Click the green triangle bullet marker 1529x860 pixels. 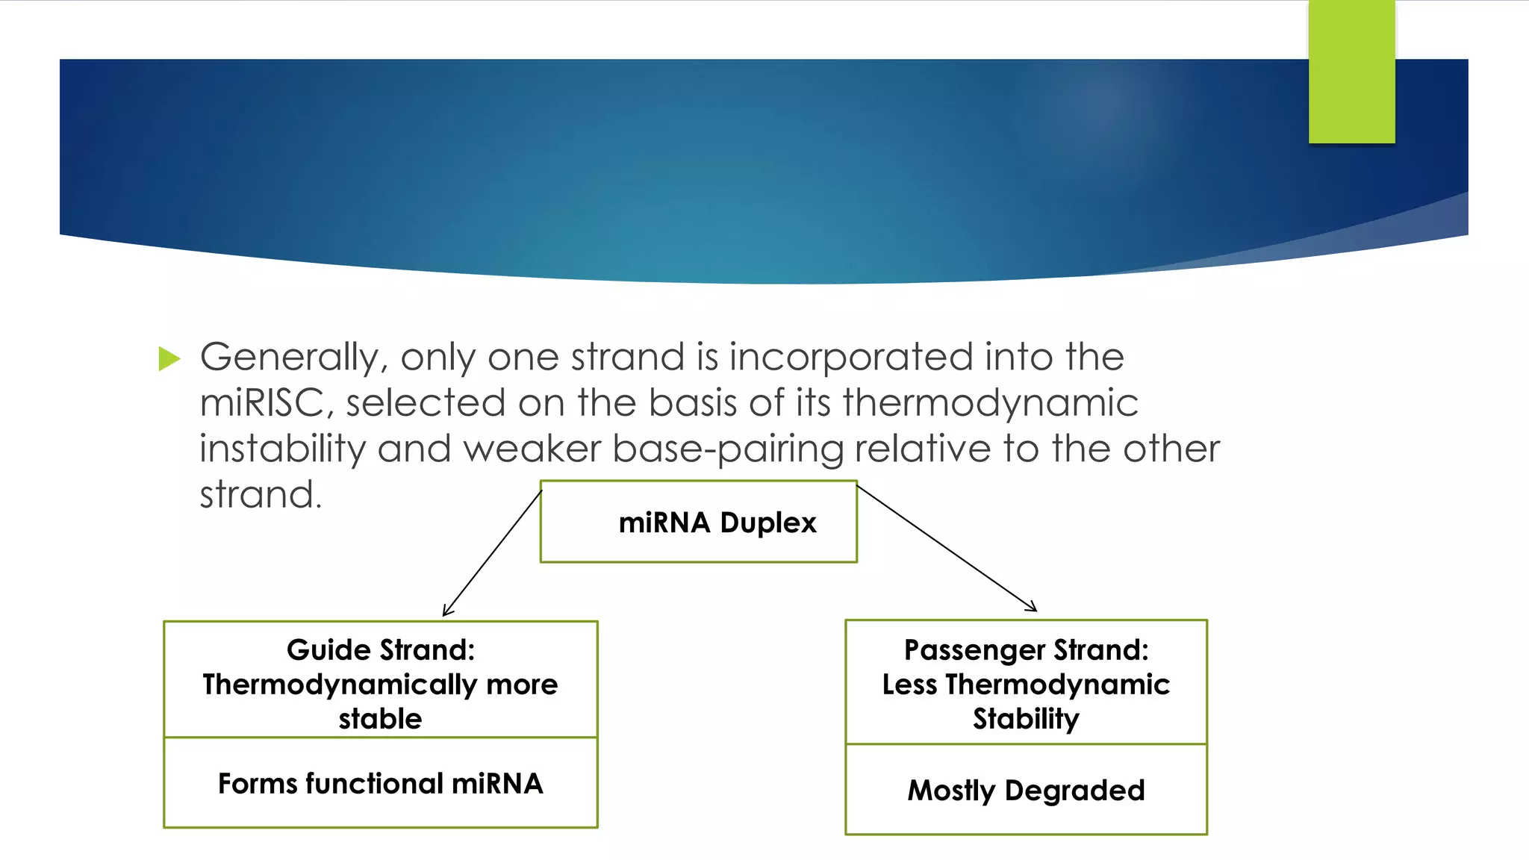point(169,359)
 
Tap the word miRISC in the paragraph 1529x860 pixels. point(261,403)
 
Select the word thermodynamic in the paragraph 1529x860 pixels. point(991,403)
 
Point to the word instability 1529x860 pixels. point(282,449)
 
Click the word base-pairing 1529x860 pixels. point(728,449)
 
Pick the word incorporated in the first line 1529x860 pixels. point(851,357)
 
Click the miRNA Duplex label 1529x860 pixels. point(717,523)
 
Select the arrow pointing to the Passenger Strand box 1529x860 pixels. point(947,549)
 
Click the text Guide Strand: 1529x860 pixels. point(381,650)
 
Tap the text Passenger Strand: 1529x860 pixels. point(1027,650)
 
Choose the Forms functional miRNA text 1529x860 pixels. point(381,784)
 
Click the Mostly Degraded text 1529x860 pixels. point(1027,791)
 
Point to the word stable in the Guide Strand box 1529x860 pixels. point(381,719)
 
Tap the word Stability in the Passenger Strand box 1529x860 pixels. point(1027,719)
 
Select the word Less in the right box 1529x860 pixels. point(909,685)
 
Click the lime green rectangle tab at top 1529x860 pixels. point(1351,72)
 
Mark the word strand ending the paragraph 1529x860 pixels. point(260,495)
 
